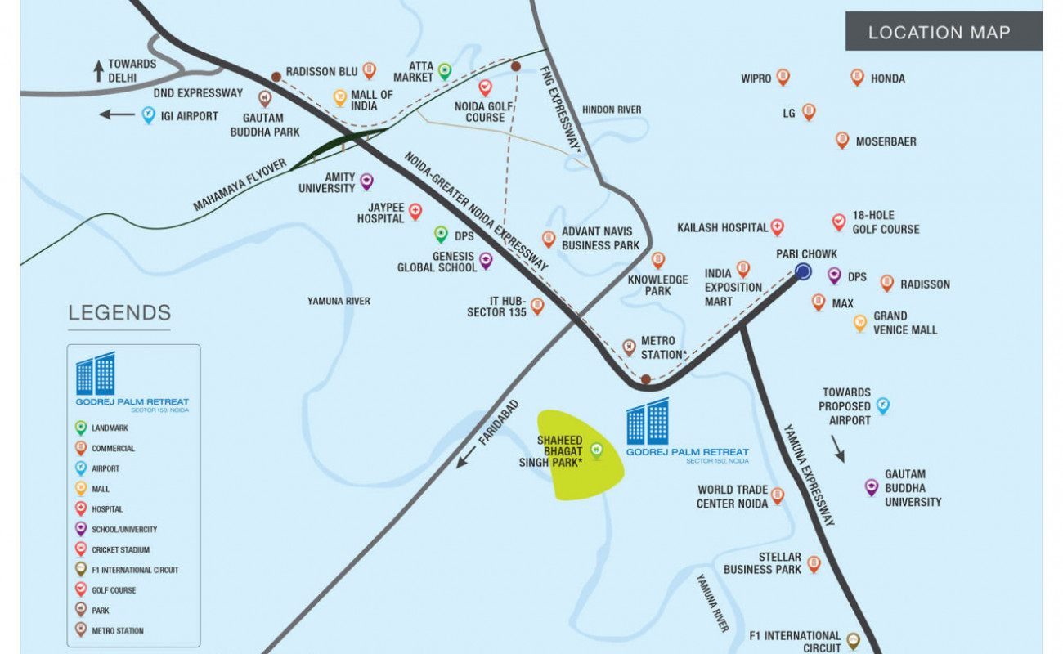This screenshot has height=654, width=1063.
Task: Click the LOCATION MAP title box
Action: (x=944, y=31)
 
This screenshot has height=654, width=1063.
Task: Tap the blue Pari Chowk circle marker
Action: (x=803, y=271)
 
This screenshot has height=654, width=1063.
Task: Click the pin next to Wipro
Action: (x=783, y=78)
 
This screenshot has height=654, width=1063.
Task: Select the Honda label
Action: (x=887, y=78)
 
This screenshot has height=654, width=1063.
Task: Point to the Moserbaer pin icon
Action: (x=842, y=141)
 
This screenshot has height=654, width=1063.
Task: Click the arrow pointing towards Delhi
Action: (x=98, y=71)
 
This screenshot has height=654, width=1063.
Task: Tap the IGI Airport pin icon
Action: (x=149, y=114)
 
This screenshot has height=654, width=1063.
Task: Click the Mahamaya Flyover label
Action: (x=240, y=185)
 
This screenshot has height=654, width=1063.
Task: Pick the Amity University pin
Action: (x=367, y=181)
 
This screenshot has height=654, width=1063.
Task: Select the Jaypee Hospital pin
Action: (x=415, y=212)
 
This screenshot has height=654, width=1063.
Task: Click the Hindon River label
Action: (x=612, y=110)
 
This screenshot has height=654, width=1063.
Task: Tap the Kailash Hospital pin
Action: (x=778, y=227)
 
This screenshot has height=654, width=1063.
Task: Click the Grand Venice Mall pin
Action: (x=860, y=323)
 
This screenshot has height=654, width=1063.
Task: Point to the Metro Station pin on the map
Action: (x=630, y=347)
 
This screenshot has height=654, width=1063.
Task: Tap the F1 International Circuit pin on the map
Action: (x=853, y=641)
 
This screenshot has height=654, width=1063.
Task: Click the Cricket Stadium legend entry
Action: (x=113, y=549)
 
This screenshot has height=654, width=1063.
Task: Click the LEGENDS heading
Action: (x=119, y=313)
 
